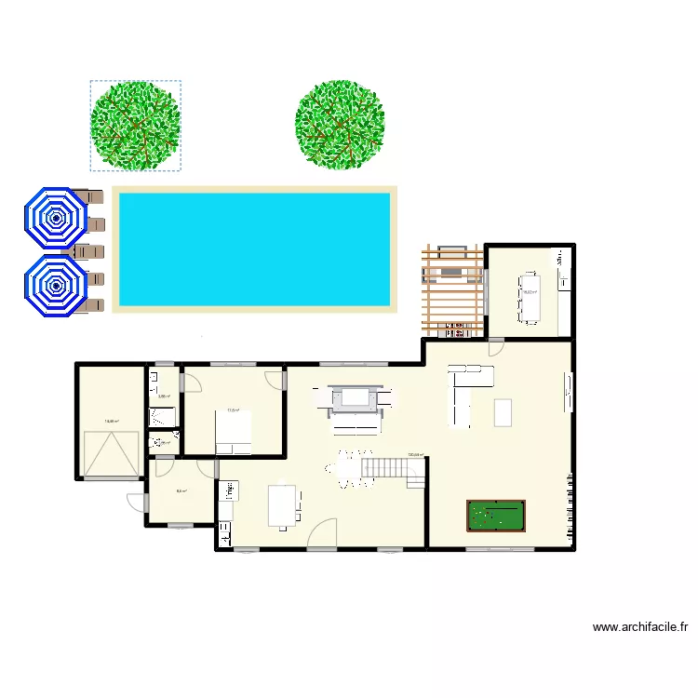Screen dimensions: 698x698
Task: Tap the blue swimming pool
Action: click(x=252, y=248)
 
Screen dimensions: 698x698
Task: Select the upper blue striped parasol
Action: click(x=57, y=220)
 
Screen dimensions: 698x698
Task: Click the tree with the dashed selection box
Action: click(x=135, y=126)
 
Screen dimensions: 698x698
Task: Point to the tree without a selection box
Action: click(x=340, y=125)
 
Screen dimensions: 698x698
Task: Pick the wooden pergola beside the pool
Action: click(x=453, y=289)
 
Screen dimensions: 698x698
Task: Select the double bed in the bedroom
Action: click(x=234, y=432)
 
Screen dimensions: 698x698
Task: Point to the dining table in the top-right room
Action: click(x=531, y=297)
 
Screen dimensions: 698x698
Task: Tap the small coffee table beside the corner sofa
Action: click(x=503, y=411)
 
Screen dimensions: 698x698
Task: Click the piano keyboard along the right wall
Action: click(x=570, y=507)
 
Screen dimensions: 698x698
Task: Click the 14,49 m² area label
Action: click(x=111, y=421)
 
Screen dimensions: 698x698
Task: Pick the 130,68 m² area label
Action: click(x=415, y=455)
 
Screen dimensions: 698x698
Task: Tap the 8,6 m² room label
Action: click(x=181, y=491)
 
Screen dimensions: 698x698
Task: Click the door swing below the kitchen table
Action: click(x=322, y=536)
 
